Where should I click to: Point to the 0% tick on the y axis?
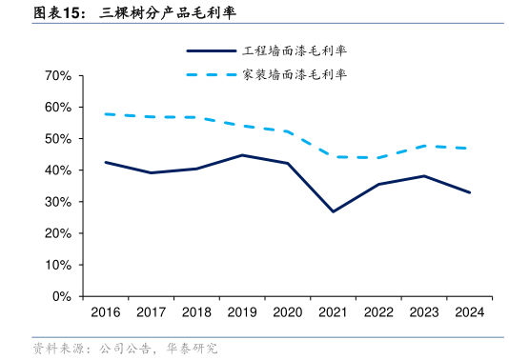(61, 296)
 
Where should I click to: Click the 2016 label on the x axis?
(105, 312)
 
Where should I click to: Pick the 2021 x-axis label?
(333, 312)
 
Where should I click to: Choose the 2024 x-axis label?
(469, 312)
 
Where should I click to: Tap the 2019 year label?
(241, 312)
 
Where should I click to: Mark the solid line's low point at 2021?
(333, 211)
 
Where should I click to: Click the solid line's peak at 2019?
(241, 155)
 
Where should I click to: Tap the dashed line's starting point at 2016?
(105, 114)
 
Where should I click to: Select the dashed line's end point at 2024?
(469, 149)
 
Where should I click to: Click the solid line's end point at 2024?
(469, 192)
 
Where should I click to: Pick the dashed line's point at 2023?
(423, 146)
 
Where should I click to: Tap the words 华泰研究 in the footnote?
(190, 350)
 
